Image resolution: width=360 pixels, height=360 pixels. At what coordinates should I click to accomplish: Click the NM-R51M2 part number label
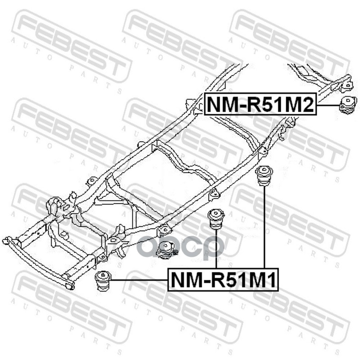click(261, 104)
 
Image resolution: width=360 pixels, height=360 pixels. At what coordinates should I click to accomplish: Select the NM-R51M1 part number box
click(224, 280)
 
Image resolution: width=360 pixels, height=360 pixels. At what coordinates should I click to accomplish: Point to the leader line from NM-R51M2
click(327, 105)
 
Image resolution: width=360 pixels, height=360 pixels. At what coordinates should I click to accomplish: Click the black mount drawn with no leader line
click(166, 250)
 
